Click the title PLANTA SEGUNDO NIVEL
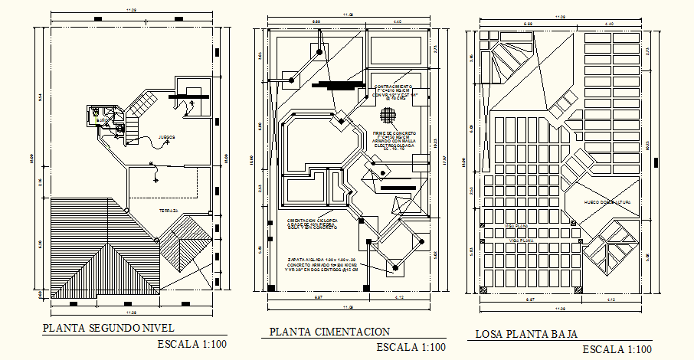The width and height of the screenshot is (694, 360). (110, 329)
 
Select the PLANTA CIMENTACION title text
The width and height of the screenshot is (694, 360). (329, 332)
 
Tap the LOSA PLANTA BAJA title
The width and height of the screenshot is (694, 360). (525, 334)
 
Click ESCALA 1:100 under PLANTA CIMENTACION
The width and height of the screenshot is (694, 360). (411, 347)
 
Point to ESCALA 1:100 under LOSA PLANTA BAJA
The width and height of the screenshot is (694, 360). (619, 349)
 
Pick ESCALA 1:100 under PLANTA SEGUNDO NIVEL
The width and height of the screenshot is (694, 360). (192, 344)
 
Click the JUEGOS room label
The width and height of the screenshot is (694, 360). (165, 137)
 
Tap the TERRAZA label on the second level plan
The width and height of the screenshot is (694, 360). (169, 210)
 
